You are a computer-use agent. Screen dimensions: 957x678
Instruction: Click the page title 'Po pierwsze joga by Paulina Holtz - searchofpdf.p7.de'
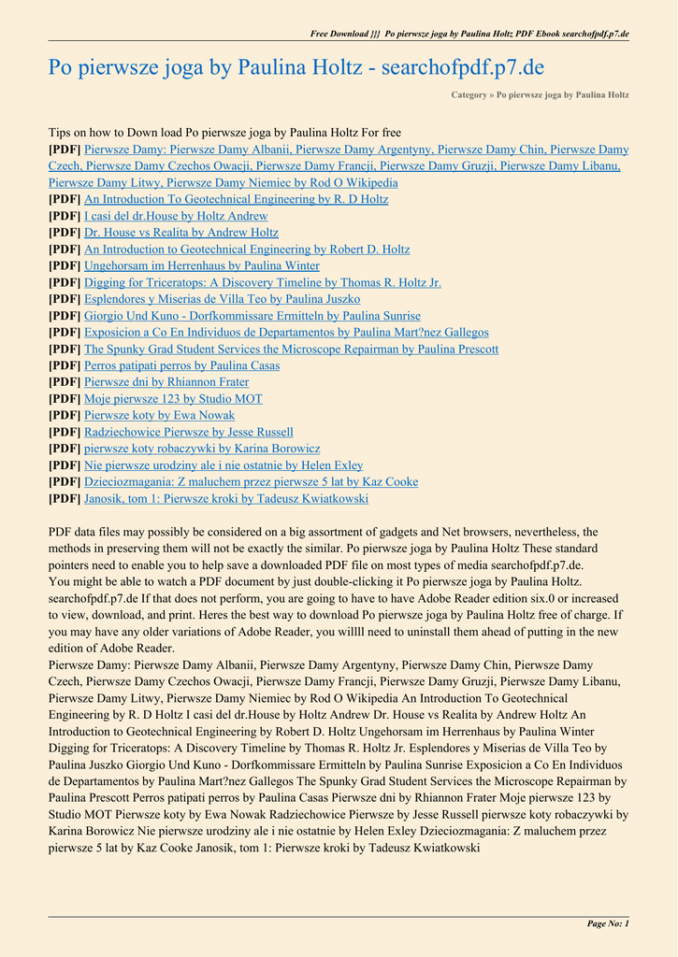pos(296,67)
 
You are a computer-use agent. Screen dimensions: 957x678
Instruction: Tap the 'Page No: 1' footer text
pos(608,923)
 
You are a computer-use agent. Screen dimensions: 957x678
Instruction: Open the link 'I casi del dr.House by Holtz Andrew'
pos(176,216)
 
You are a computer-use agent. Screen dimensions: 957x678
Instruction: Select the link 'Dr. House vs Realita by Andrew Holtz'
pos(181,233)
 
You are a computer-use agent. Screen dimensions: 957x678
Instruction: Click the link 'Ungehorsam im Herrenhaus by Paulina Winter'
pos(202,265)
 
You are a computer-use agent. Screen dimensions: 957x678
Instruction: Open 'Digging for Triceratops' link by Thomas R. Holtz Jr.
pos(263,282)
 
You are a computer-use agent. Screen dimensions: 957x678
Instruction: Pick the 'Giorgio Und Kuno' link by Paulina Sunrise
pos(252,316)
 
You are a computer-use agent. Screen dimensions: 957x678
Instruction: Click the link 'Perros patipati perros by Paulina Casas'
pos(181,365)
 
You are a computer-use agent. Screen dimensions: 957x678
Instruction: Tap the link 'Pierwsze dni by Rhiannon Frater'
pos(166,382)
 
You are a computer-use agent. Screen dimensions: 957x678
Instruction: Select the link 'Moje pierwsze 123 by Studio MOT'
pos(173,399)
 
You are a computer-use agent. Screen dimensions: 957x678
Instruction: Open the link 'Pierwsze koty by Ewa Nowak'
pos(160,415)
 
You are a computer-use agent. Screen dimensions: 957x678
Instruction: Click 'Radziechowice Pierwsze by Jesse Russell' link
pos(189,432)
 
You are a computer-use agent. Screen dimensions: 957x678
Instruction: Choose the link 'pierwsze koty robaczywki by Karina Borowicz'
pos(202,449)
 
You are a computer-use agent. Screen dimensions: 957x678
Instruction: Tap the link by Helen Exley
pos(224,465)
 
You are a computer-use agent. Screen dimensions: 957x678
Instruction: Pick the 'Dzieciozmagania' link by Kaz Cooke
pos(252,482)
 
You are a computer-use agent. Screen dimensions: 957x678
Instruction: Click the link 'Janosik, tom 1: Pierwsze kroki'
pos(226,499)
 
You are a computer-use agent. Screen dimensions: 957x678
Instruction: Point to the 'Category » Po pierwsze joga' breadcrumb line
pos(540,94)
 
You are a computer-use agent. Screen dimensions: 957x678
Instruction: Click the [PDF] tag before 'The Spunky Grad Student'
pos(65,349)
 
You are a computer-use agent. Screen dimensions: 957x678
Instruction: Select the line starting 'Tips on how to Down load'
pos(224,133)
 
